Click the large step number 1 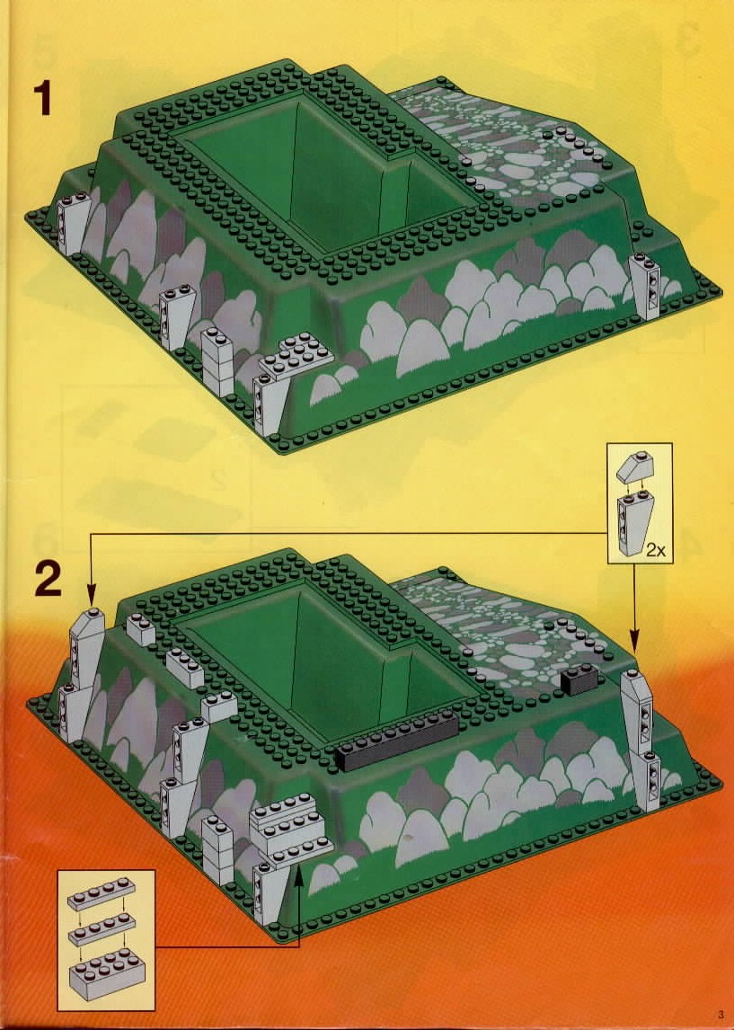coord(43,98)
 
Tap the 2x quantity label coord(655,550)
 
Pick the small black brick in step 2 coord(578,680)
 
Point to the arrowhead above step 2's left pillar coord(91,596)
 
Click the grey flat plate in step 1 coord(296,356)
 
